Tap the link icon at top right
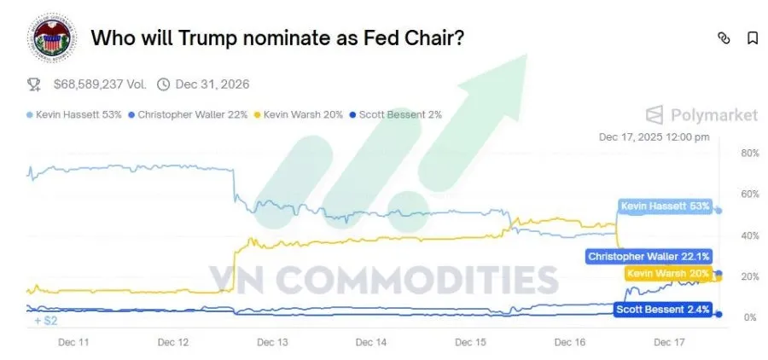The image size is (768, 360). (724, 38)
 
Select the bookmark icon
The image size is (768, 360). (752, 38)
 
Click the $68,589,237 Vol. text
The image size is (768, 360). (100, 84)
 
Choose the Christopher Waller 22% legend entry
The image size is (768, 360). (192, 113)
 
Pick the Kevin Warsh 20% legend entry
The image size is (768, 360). (304, 113)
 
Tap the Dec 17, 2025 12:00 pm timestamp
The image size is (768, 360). (654, 136)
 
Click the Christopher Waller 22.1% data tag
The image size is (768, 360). (649, 256)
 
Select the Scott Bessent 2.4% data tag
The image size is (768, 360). (662, 311)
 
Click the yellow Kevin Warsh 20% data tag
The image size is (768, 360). (667, 274)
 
